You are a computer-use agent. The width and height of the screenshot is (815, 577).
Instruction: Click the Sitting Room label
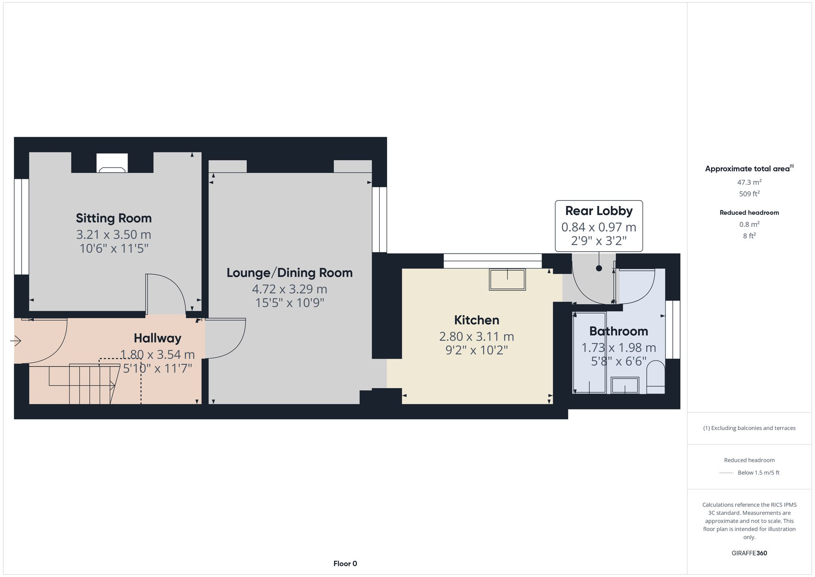tap(114, 218)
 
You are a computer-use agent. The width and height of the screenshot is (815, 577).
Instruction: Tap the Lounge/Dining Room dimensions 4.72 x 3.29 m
tap(289, 289)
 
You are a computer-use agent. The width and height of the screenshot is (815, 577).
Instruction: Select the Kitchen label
tap(476, 320)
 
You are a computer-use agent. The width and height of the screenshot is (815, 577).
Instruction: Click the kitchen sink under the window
tap(507, 280)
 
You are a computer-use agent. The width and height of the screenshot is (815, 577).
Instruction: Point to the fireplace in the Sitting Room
tap(112, 163)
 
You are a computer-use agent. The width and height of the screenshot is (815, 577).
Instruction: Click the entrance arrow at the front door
tap(16, 340)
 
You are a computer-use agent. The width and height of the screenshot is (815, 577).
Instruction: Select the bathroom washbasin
tap(625, 385)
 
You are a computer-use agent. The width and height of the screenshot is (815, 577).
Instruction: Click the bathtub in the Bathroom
tap(589, 353)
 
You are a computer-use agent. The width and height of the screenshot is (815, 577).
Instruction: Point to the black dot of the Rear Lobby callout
tap(599, 268)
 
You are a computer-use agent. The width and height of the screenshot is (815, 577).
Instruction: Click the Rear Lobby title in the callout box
tap(599, 211)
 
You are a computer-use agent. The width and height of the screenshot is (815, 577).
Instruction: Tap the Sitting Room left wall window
tap(21, 226)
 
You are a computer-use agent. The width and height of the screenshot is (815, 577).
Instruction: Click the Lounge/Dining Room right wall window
tap(379, 219)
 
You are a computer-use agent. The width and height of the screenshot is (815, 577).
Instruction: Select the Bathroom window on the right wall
tap(673, 329)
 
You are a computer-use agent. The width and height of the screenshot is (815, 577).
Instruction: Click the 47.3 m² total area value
tap(749, 182)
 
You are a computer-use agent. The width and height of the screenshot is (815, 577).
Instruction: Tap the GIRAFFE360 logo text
tap(749, 553)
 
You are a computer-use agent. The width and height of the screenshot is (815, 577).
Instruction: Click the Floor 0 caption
tap(345, 564)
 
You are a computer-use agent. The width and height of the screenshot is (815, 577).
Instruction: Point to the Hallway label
tap(157, 338)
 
